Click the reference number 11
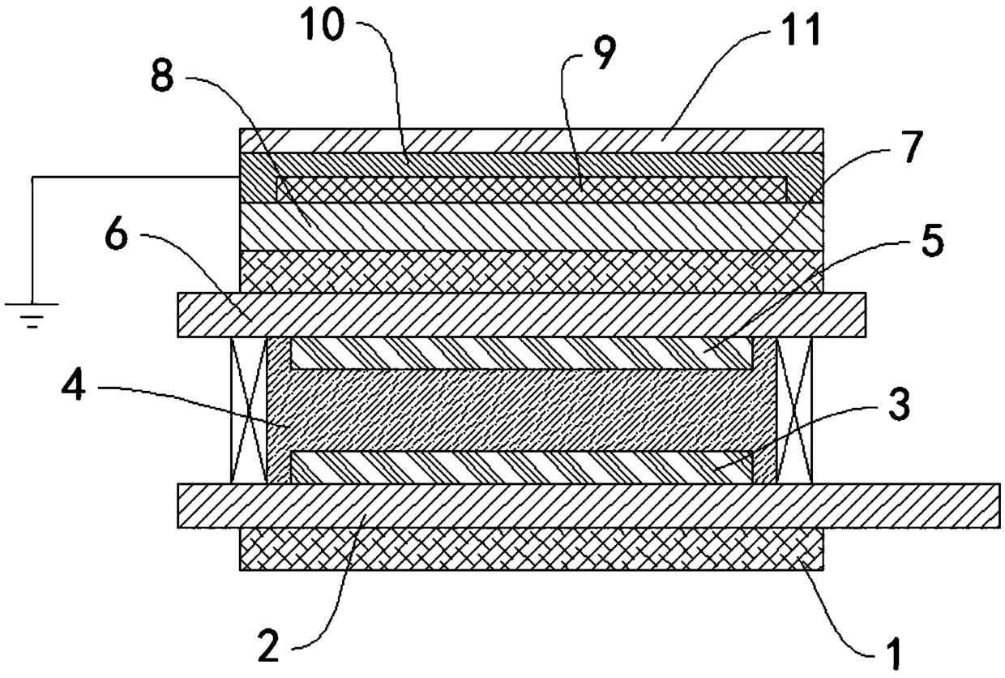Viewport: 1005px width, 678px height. pyautogui.click(x=800, y=32)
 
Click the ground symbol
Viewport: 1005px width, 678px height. pyautogui.click(x=32, y=312)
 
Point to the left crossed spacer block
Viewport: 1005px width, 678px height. pyautogui.click(x=249, y=410)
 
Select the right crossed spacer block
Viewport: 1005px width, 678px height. pyautogui.click(x=793, y=410)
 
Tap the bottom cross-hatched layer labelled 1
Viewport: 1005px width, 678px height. pyautogui.click(x=531, y=549)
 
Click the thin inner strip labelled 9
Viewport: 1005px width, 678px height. pyautogui.click(x=531, y=190)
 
